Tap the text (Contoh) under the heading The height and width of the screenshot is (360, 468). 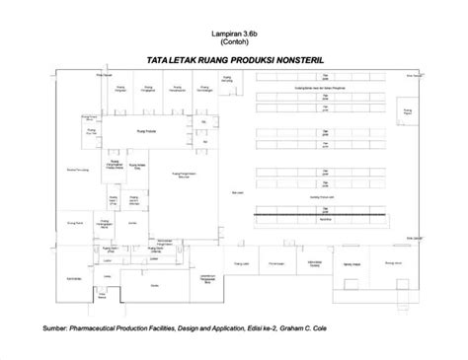point(234,41)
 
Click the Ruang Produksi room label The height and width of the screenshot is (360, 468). point(145,127)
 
